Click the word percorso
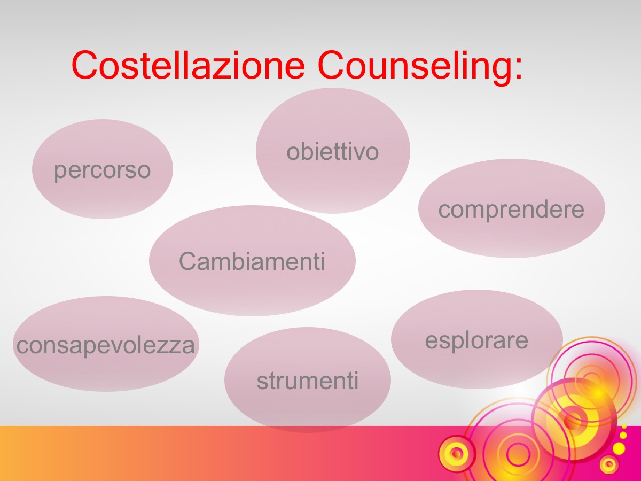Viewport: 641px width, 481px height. (102, 171)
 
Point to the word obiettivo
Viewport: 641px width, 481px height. (333, 152)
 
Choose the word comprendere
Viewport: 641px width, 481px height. (511, 210)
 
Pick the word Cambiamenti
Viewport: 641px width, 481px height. (252, 261)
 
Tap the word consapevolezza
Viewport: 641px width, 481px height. (106, 346)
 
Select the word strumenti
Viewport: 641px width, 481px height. (308, 381)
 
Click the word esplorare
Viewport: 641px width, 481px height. (476, 341)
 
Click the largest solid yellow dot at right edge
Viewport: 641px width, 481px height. (619, 448)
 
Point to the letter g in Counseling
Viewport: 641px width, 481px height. (501, 72)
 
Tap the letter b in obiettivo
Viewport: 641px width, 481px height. (306, 152)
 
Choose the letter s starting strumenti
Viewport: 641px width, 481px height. (262, 383)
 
